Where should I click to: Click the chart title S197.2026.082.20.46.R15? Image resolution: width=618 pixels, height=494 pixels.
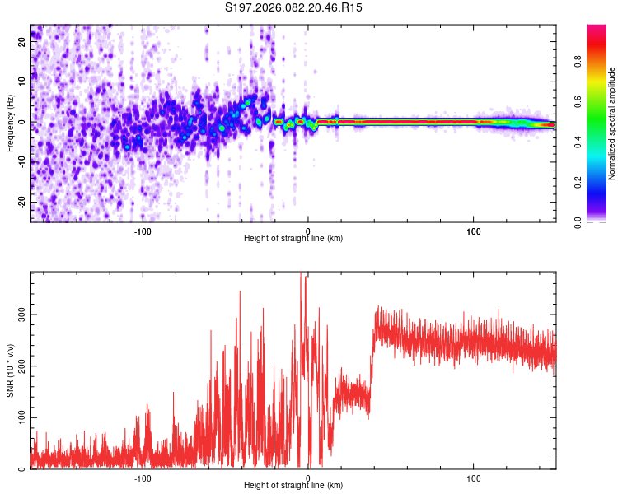click(294, 7)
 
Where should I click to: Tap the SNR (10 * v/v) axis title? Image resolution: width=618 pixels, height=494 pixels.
click(10, 370)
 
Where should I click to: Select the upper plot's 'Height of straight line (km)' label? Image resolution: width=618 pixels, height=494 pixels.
click(293, 238)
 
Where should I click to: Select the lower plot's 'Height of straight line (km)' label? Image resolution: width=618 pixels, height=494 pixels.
click(293, 485)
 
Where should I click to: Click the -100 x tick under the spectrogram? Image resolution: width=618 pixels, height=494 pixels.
click(143, 230)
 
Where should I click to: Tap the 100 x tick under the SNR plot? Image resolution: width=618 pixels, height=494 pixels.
click(474, 477)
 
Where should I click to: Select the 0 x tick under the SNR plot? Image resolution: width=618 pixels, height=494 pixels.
click(308, 477)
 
